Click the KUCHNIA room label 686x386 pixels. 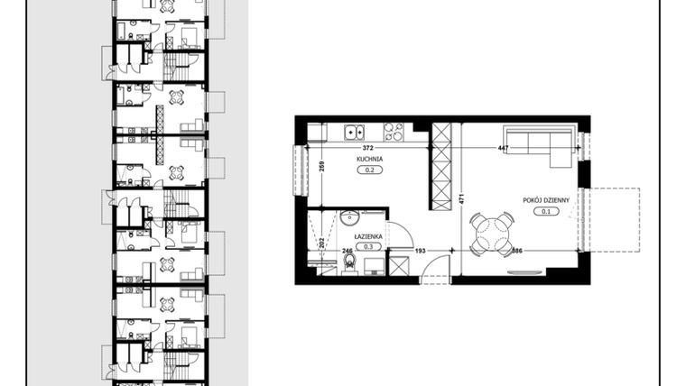tap(370, 159)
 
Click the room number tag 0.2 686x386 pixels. tap(369, 169)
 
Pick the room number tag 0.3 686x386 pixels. tap(369, 245)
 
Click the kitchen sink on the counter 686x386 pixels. tap(352, 132)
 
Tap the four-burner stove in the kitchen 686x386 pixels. tap(395, 132)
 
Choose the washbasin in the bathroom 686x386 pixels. tap(349, 218)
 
